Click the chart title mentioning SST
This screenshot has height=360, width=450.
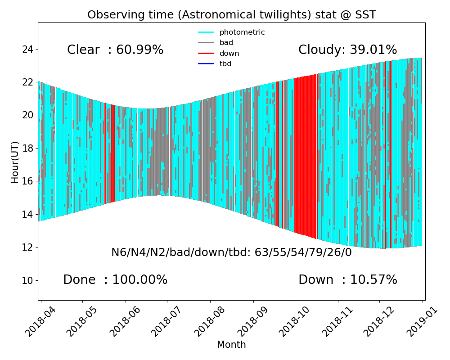click(231, 15)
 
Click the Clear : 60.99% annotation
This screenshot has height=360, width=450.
click(115, 50)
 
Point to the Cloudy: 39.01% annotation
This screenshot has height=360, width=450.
click(347, 50)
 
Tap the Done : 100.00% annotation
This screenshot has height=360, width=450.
click(115, 280)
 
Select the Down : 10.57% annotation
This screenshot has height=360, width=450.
click(347, 280)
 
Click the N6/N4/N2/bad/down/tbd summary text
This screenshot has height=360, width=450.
click(231, 252)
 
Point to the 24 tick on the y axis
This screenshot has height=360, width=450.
click(27, 49)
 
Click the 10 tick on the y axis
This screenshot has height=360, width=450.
click(27, 280)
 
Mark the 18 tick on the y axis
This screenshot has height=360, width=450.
click(27, 148)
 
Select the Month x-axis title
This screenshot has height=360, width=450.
click(231, 345)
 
